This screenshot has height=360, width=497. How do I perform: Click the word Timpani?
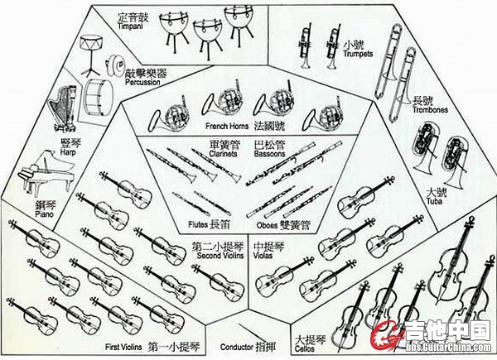(130, 26)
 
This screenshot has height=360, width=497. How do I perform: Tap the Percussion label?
(142, 82)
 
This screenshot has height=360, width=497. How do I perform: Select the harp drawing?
(63, 108)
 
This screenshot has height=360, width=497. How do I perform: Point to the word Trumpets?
(358, 54)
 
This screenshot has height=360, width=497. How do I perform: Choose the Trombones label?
(430, 110)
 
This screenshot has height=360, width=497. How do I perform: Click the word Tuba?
(434, 201)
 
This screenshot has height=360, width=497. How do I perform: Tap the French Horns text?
(227, 126)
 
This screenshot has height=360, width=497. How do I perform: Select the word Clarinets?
(223, 154)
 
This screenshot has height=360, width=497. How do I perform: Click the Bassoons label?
(270, 154)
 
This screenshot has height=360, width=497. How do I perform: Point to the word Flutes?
(198, 225)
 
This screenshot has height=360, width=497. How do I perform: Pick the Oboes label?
(268, 225)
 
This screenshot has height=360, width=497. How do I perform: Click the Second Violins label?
(220, 256)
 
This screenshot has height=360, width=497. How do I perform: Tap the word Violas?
(263, 256)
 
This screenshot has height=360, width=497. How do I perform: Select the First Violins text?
(123, 347)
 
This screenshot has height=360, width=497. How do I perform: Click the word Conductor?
(236, 347)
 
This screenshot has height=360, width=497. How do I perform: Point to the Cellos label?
(305, 349)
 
